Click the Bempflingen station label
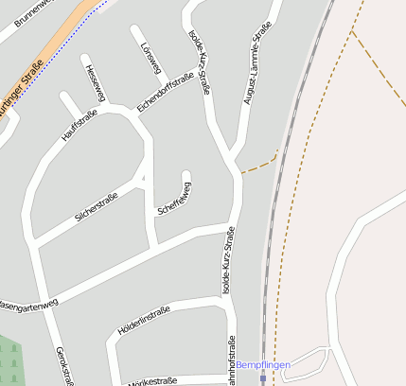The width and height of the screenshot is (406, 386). pos(263,365)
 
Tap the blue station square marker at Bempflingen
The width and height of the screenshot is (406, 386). pos(263,377)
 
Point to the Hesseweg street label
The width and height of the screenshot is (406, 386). pos(92,82)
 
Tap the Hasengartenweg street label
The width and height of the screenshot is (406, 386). pos(28,305)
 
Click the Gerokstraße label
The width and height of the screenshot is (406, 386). pos(65,365)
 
